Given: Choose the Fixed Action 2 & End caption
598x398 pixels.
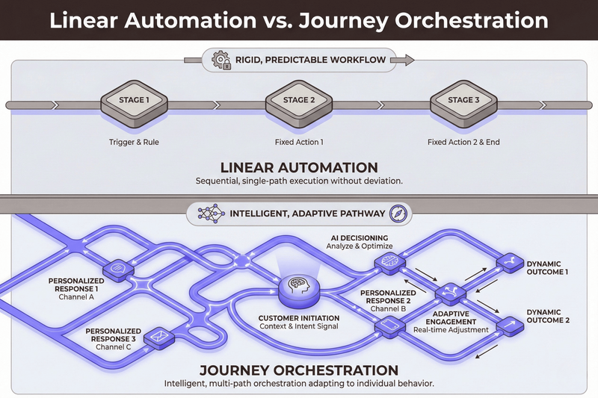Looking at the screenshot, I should pos(459,141).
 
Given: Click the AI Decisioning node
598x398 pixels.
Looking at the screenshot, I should pos(389,259).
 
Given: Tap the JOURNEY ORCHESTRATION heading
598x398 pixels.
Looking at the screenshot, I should pos(298,370).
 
